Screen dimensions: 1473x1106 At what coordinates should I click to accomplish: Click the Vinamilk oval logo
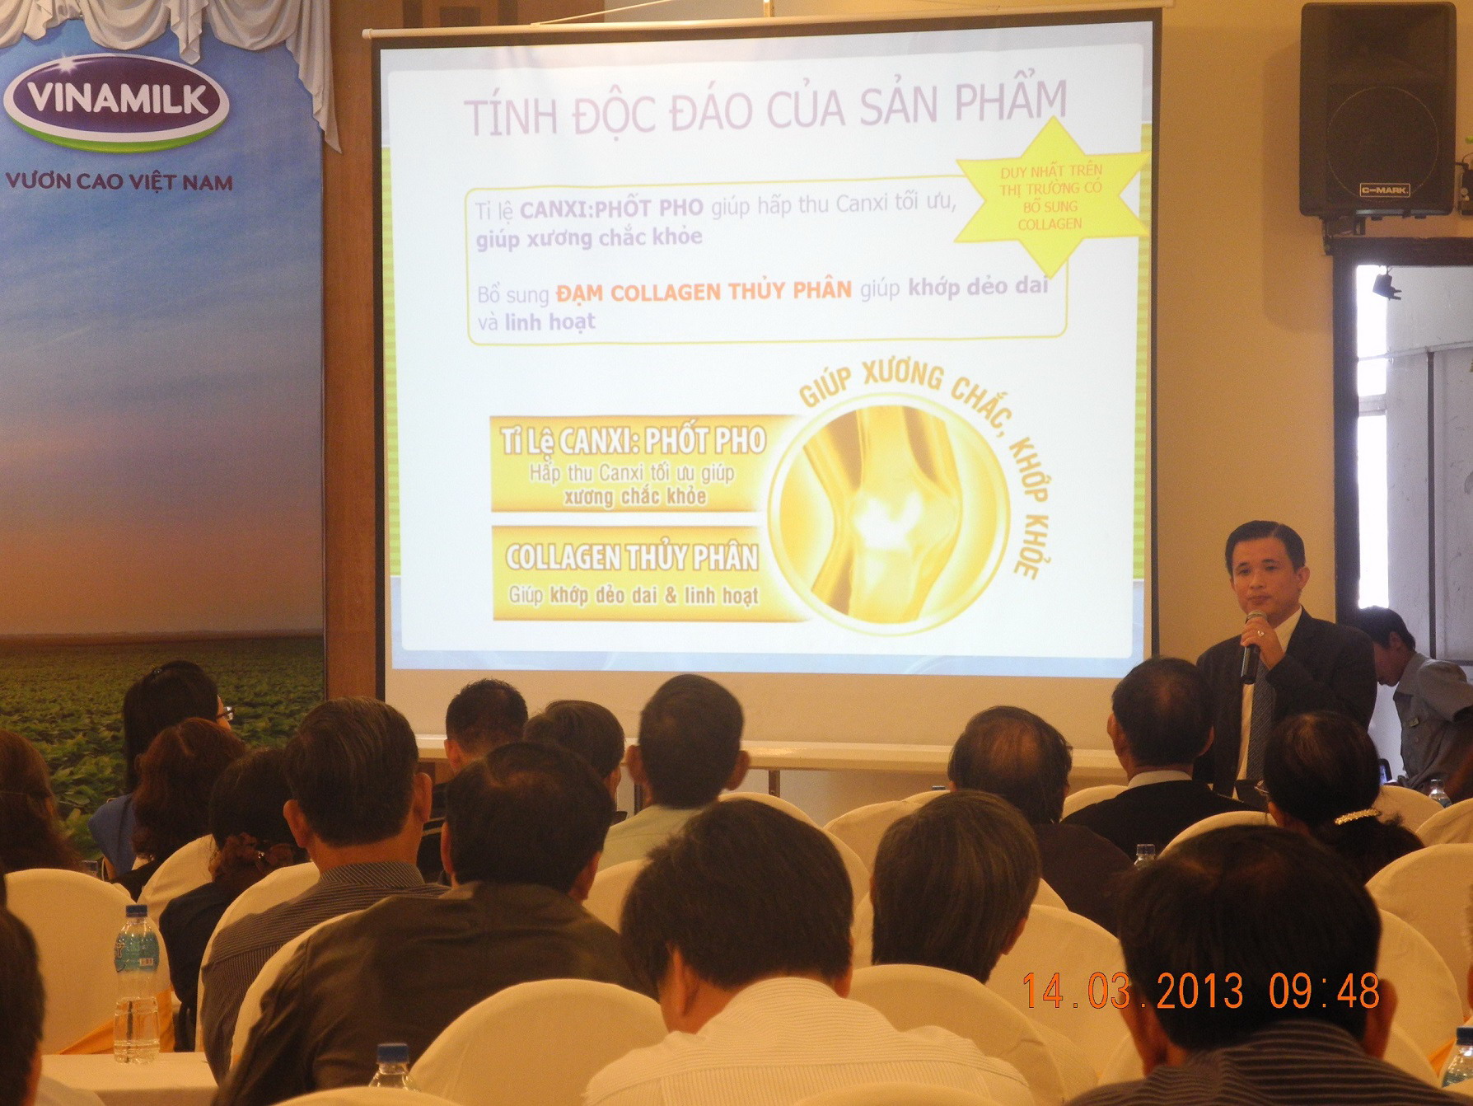[x=116, y=101]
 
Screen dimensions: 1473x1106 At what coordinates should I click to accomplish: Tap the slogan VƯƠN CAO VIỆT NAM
[x=119, y=181]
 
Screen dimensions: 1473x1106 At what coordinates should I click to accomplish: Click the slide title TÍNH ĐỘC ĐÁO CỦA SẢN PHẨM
[x=765, y=106]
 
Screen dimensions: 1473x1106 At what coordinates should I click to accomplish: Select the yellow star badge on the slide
[x=1051, y=196]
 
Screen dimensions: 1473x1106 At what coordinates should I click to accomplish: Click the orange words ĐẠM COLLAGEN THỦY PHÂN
[x=704, y=292]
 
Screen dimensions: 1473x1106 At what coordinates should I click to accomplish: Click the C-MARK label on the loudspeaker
[x=1384, y=190]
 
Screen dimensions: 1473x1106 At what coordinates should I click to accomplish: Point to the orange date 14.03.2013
[x=1133, y=991]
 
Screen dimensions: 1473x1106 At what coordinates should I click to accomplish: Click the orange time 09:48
[x=1324, y=991]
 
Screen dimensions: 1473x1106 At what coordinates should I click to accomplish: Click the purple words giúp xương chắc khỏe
[x=589, y=238]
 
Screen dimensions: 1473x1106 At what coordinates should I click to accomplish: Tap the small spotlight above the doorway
[x=1386, y=284]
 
